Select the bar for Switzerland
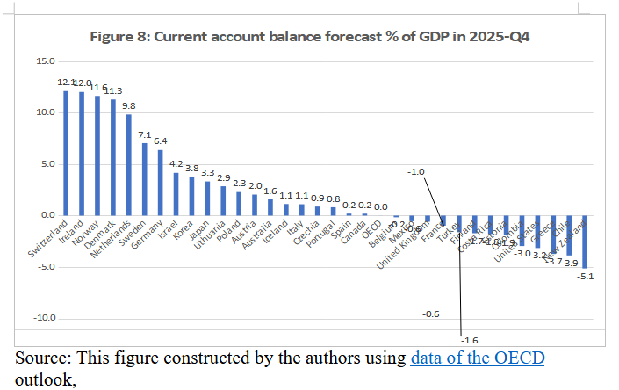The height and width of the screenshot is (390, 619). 66,153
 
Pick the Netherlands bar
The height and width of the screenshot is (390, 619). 128,165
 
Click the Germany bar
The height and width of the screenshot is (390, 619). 160,183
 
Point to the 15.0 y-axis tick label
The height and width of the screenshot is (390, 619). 45,61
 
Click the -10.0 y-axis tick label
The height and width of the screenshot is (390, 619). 43,318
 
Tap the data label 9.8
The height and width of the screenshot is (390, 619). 128,105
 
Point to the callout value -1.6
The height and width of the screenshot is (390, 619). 470,339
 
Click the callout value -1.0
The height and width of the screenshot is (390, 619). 416,172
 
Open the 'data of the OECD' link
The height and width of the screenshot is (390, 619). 477,359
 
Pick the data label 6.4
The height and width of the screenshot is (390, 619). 160,141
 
